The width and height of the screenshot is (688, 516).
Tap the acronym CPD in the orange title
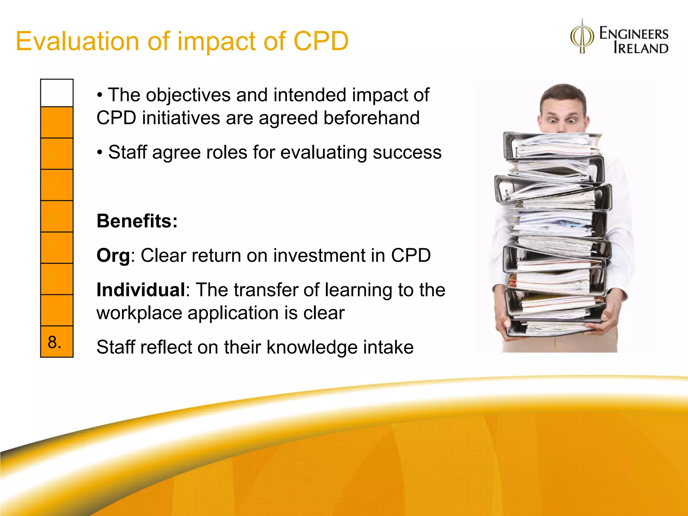tap(321, 41)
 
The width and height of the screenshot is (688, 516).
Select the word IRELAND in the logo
tap(641, 48)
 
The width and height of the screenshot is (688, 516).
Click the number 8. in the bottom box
tap(55, 342)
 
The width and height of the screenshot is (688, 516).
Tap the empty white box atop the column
tap(57, 93)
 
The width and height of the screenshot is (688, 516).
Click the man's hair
tap(563, 92)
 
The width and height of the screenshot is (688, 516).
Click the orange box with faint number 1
tap(57, 123)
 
